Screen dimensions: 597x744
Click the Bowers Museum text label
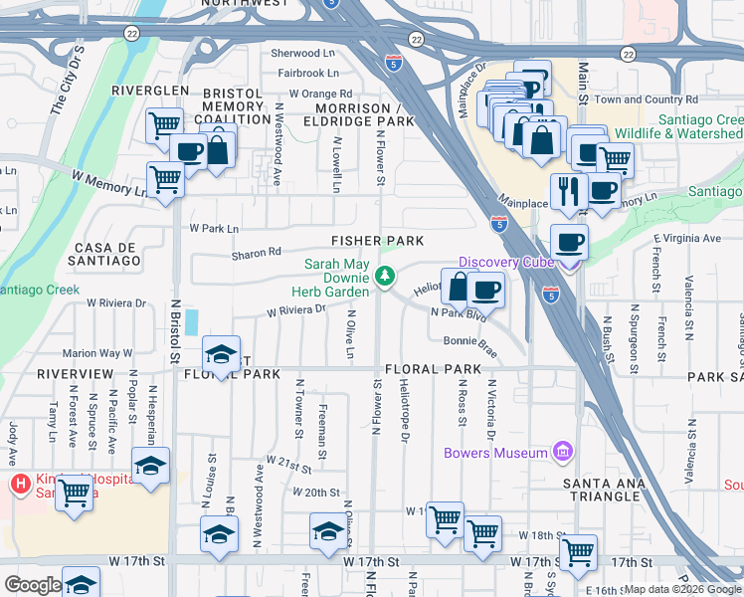[x=495, y=454]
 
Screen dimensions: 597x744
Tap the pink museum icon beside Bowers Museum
[x=564, y=453]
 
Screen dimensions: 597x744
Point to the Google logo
[x=33, y=585]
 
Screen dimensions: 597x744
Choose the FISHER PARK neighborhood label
[x=378, y=241]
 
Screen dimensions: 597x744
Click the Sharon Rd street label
[x=257, y=254]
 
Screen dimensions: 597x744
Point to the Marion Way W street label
[x=97, y=353]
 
